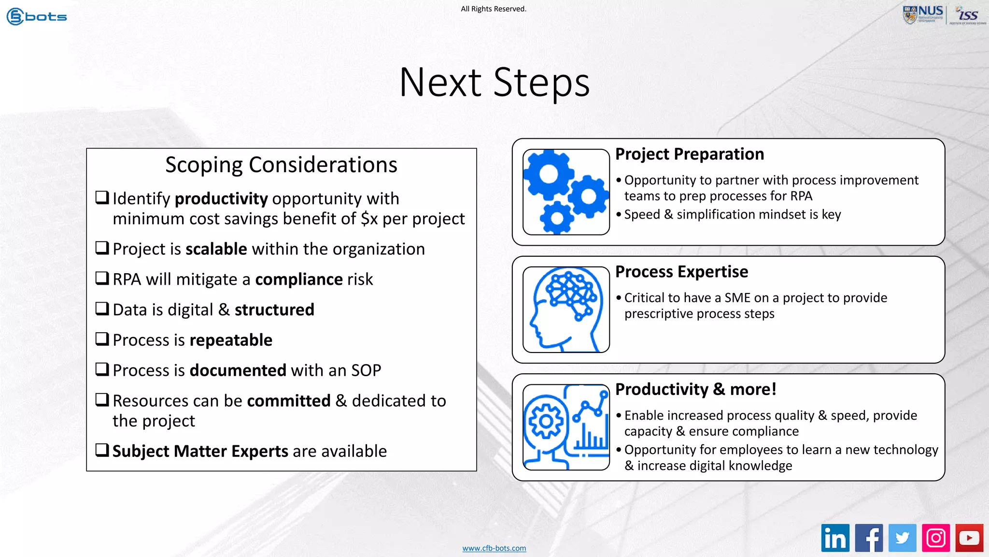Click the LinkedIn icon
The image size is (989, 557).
pyautogui.click(x=835, y=538)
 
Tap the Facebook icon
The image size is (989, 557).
pyautogui.click(x=869, y=538)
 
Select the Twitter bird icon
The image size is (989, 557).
pyautogui.click(x=902, y=538)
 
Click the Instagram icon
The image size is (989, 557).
pyautogui.click(x=936, y=538)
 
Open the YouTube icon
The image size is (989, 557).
pyautogui.click(x=969, y=538)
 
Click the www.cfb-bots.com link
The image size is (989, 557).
pyautogui.click(x=494, y=548)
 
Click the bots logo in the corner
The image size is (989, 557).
pyautogui.click(x=37, y=16)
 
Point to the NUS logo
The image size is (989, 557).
pyautogui.click(x=923, y=15)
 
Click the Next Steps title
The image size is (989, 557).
pyautogui.click(x=494, y=82)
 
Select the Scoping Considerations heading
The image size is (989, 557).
pyautogui.click(x=281, y=165)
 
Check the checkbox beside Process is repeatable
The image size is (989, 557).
pyautogui.click(x=102, y=339)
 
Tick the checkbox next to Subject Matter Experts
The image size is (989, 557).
pyautogui.click(x=102, y=450)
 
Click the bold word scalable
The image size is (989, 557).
pyautogui.click(x=216, y=249)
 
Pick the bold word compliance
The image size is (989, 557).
pyautogui.click(x=299, y=279)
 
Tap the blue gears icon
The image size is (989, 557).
pyautogui.click(x=566, y=192)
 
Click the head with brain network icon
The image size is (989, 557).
pyautogui.click(x=566, y=309)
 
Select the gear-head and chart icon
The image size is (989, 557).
pyautogui.click(x=566, y=427)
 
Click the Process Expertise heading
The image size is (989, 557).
pyautogui.click(x=681, y=272)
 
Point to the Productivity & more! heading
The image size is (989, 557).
pyautogui.click(x=695, y=389)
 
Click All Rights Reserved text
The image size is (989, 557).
pyautogui.click(x=494, y=9)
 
